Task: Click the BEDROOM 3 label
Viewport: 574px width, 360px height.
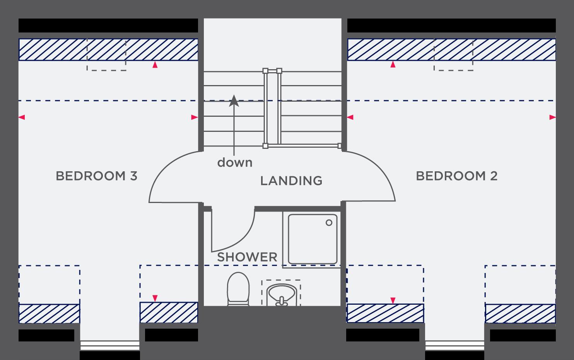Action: pos(97,176)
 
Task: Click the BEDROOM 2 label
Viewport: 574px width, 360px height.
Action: pos(457,176)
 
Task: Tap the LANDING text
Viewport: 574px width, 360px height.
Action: pos(291,181)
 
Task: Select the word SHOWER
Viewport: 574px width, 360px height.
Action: pos(247,257)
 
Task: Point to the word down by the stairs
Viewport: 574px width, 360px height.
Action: pos(235,162)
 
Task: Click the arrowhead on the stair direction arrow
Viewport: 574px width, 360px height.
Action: pos(234,101)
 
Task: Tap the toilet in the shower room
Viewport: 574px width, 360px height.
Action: pos(238,289)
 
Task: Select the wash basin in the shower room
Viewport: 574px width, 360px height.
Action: pos(281,295)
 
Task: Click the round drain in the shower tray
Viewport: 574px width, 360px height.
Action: pos(329,223)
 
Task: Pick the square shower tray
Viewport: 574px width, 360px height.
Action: pos(313,239)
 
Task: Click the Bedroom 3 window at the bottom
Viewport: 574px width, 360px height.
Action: pos(110,345)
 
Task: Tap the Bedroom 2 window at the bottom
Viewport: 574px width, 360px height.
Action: pos(455,345)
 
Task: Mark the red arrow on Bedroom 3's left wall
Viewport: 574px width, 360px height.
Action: pos(22,117)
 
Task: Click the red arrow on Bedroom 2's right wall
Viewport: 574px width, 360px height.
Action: pos(552,117)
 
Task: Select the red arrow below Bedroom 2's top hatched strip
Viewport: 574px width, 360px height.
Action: pos(393,65)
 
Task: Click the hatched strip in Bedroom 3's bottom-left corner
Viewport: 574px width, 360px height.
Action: pos(49,314)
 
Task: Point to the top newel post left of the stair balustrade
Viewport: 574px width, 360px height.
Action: pos(265,71)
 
